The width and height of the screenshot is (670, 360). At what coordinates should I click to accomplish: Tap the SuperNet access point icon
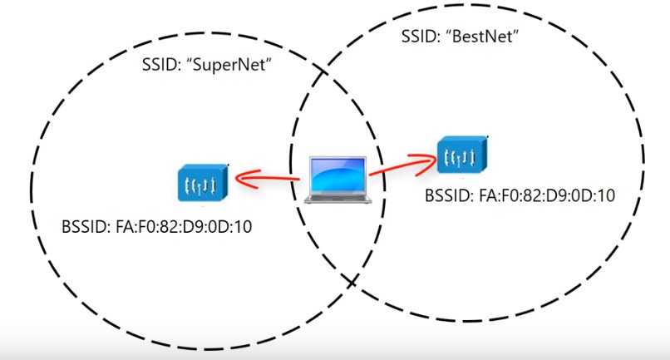coord(201,182)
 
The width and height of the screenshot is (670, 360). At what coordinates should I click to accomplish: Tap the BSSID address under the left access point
coord(197,225)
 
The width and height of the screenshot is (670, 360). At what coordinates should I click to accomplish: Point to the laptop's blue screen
coord(336,173)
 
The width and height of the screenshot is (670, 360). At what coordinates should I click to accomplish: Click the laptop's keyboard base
coord(336,197)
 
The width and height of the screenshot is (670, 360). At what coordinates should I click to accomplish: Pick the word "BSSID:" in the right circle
coord(449,196)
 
